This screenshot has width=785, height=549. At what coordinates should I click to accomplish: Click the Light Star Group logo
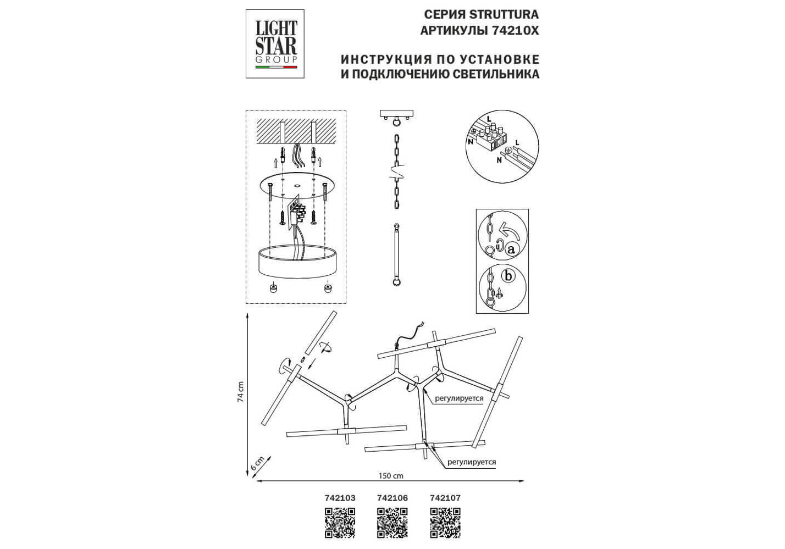(275, 44)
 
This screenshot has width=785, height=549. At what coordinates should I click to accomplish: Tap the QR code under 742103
(340, 523)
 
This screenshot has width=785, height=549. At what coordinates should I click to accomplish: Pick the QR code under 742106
(393, 523)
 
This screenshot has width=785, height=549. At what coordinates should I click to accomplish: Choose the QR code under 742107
(445, 523)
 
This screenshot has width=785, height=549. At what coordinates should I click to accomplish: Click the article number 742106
(393, 498)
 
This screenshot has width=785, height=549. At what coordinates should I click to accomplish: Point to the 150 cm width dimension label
(391, 476)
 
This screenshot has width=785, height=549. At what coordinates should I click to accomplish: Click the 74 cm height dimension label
(240, 392)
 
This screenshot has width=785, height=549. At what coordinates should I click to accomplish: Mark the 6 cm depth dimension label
(257, 463)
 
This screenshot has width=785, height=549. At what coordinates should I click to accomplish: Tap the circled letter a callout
(512, 249)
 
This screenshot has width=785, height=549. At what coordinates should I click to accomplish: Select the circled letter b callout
(508, 275)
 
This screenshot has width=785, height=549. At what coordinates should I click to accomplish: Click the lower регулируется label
(472, 462)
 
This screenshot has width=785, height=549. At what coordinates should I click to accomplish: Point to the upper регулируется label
(459, 398)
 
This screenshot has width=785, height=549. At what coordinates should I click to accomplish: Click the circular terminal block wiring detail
(502, 148)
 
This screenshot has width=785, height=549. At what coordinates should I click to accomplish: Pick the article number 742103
(340, 498)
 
